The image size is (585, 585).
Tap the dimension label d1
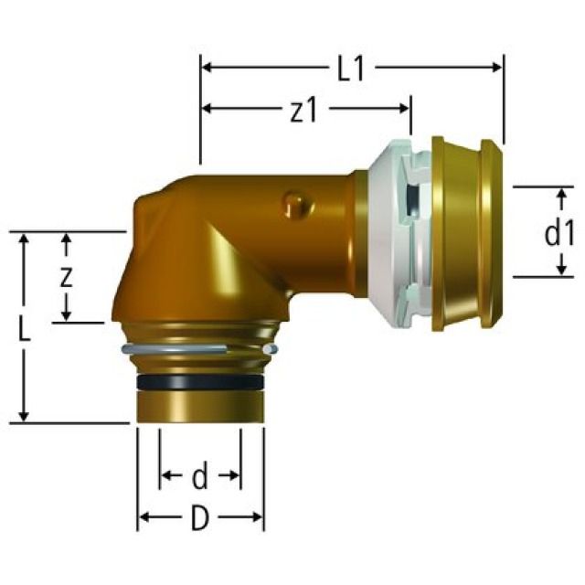tap(558, 234)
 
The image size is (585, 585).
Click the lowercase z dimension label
tap(66, 278)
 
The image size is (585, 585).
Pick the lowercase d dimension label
tap(200, 475)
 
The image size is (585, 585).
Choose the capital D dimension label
tap(199, 519)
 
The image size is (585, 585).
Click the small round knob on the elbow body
tap(295, 205)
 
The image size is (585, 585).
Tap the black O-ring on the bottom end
tap(200, 378)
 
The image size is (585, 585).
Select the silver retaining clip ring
tap(197, 351)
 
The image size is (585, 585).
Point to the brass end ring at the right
tap(466, 231)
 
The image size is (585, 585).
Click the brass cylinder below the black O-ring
tap(200, 404)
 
